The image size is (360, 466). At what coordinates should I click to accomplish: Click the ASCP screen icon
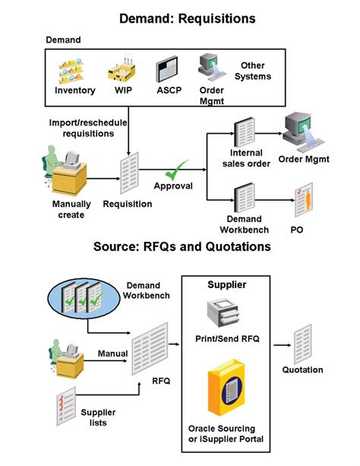click(166, 70)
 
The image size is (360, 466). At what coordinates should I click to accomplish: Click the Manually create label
click(72, 209)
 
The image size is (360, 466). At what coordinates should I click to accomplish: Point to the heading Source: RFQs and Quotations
click(182, 247)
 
